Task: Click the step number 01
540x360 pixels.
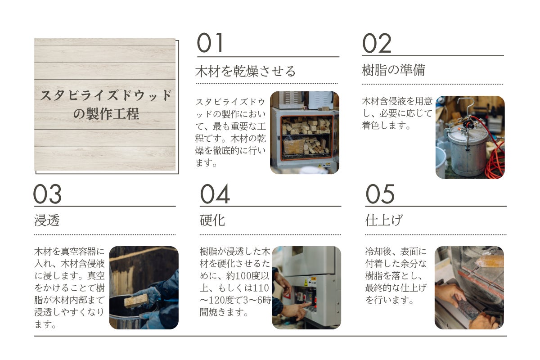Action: coord(210,43)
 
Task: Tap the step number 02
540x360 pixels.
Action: coord(377,43)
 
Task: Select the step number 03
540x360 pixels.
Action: coord(48,194)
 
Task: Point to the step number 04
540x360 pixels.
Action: coord(215,194)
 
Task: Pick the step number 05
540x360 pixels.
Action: coord(380,194)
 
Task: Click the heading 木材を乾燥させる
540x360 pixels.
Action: coord(245,72)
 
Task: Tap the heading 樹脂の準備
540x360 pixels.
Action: coord(393,70)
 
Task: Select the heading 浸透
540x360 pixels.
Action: coord(47,220)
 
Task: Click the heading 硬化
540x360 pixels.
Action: coord(212,220)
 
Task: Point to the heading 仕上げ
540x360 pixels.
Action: coord(384,220)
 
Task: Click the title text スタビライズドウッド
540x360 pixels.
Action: coord(106,95)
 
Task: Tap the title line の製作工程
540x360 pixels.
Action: coord(106,113)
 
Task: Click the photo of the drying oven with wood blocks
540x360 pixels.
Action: coord(305,133)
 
